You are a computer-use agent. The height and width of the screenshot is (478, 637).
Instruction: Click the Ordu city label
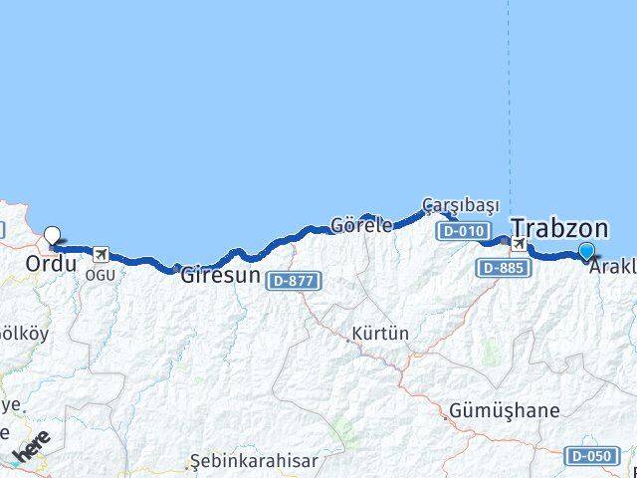point(51,265)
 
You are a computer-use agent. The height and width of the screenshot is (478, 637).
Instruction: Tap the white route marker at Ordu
point(52,236)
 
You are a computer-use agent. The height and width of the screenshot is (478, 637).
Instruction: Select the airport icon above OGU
point(100,253)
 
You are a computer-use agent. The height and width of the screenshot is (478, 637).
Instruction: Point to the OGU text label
point(100,274)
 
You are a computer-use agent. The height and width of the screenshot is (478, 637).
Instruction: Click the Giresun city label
point(220,276)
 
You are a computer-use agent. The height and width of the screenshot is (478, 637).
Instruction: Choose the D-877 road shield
point(293,281)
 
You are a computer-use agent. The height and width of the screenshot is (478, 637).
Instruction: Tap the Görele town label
point(361,225)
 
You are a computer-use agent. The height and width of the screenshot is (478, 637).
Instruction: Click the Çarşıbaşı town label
point(460,204)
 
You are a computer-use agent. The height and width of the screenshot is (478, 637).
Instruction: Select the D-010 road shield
point(462,231)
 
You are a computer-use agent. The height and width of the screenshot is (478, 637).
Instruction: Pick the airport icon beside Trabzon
point(519,243)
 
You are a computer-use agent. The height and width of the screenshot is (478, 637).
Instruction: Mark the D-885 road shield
point(504,267)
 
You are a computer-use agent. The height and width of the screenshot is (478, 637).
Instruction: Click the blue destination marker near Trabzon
point(586,252)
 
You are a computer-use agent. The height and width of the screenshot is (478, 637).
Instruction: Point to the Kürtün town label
point(379,334)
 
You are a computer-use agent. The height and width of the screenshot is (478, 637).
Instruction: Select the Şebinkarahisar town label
point(255,461)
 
